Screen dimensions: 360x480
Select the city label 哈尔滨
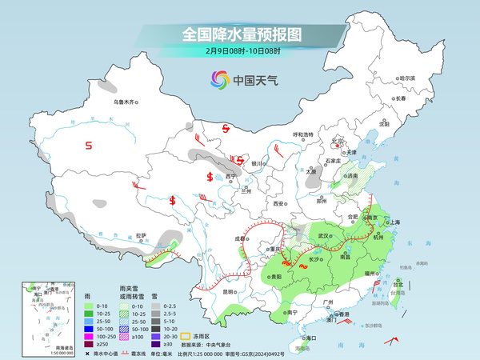click(x=407, y=78)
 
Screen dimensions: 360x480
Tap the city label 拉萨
click(x=142, y=235)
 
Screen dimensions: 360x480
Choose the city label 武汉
click(x=324, y=236)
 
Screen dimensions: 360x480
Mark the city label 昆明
click(x=230, y=292)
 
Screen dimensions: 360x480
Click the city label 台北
click(x=398, y=282)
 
